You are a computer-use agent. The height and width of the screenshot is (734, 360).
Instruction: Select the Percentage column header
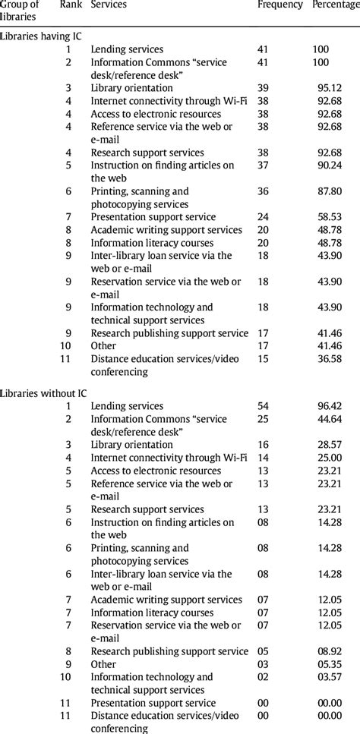336,5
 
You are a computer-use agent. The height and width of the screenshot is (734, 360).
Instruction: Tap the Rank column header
71,5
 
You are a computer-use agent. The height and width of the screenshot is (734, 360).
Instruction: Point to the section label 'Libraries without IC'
44,393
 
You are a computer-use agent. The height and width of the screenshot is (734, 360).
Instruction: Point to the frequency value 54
264,406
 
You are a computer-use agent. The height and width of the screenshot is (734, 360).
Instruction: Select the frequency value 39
264,88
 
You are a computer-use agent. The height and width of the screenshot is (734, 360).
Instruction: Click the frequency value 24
264,217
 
